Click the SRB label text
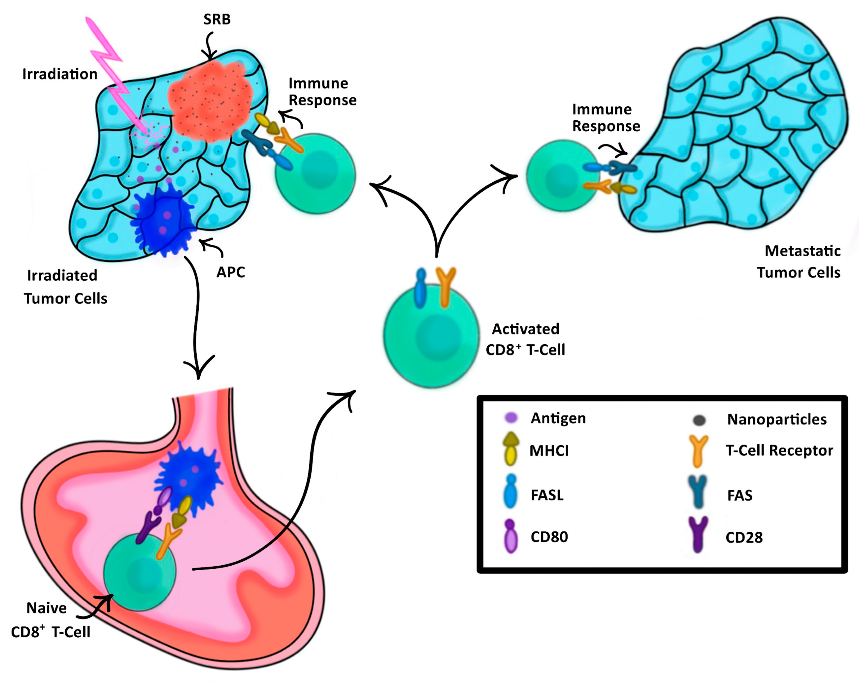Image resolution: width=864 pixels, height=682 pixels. [x=217, y=19]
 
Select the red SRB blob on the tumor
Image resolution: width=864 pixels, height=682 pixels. [x=210, y=102]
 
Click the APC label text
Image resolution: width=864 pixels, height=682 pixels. [x=230, y=272]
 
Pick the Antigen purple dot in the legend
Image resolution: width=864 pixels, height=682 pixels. [x=511, y=418]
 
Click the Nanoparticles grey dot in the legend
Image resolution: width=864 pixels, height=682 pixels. [x=699, y=420]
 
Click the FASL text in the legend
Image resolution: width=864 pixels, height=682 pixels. [x=547, y=495]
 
